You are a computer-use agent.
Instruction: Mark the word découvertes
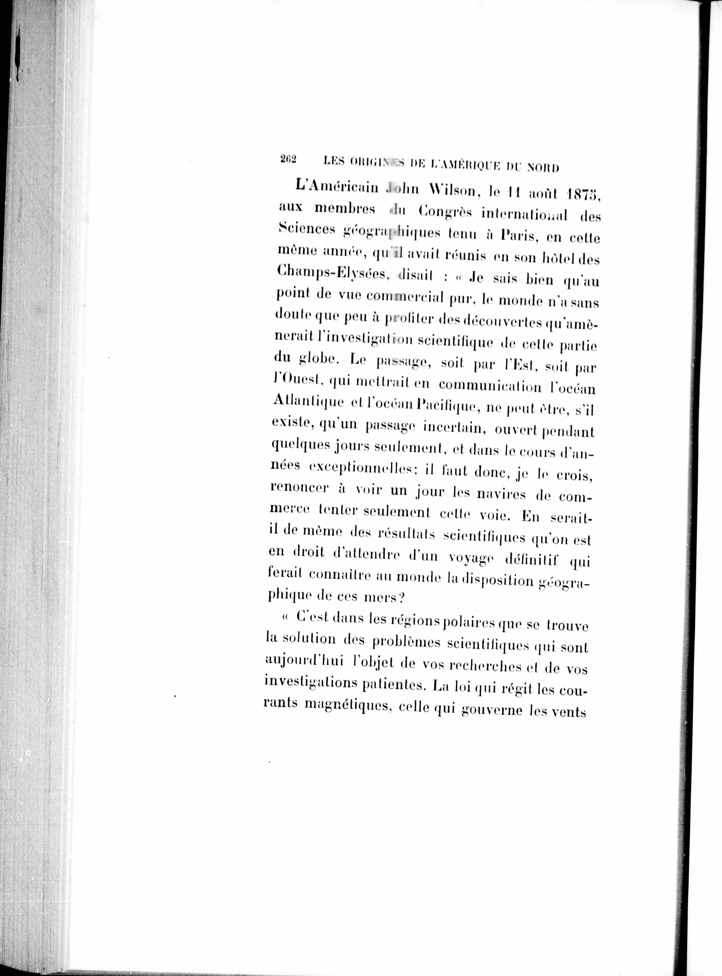pos(497,322)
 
